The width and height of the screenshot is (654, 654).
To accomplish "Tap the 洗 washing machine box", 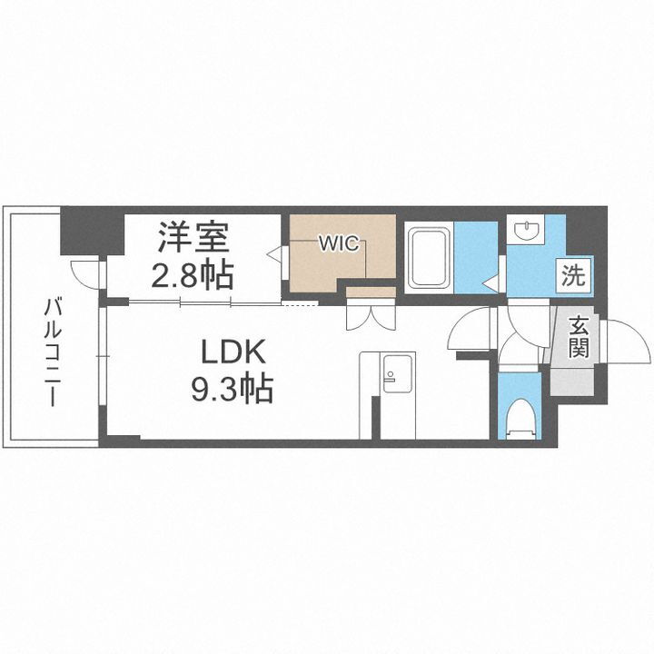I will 574,274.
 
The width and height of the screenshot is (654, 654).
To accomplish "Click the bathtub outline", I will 428,258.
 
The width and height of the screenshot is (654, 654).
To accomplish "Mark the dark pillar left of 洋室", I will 91,233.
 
